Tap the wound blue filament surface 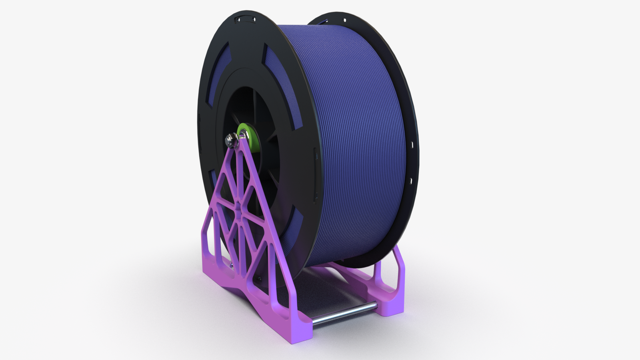(x=352, y=140)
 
